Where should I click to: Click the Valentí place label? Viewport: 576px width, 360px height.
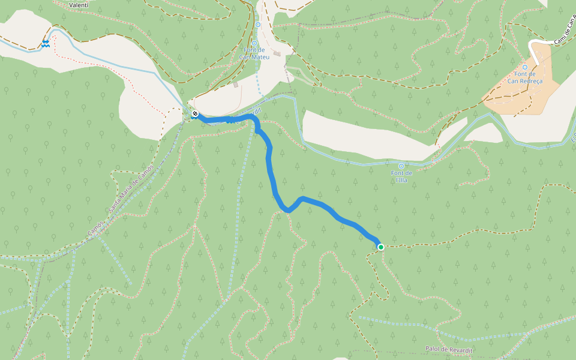(x=79, y=5)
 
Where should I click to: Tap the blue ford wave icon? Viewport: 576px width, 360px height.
(x=46, y=43)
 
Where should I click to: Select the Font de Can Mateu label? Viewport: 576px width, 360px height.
(x=254, y=54)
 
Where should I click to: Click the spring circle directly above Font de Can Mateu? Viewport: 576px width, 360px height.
(x=254, y=43)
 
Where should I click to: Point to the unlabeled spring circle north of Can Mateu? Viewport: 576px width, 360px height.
(x=258, y=25)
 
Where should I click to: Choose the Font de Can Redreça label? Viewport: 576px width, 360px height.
(x=524, y=77)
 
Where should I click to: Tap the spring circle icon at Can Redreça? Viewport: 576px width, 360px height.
(x=524, y=67)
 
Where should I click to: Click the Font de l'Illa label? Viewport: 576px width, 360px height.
(x=401, y=176)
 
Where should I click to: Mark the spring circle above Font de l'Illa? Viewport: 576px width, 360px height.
(x=401, y=166)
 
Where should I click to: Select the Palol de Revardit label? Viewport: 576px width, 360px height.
(x=449, y=349)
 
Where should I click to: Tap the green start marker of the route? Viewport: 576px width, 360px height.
(x=380, y=247)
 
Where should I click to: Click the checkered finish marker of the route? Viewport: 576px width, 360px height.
(x=195, y=113)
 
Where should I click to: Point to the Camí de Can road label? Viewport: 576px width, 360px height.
(x=564, y=30)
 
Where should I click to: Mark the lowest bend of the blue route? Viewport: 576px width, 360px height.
(x=289, y=211)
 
